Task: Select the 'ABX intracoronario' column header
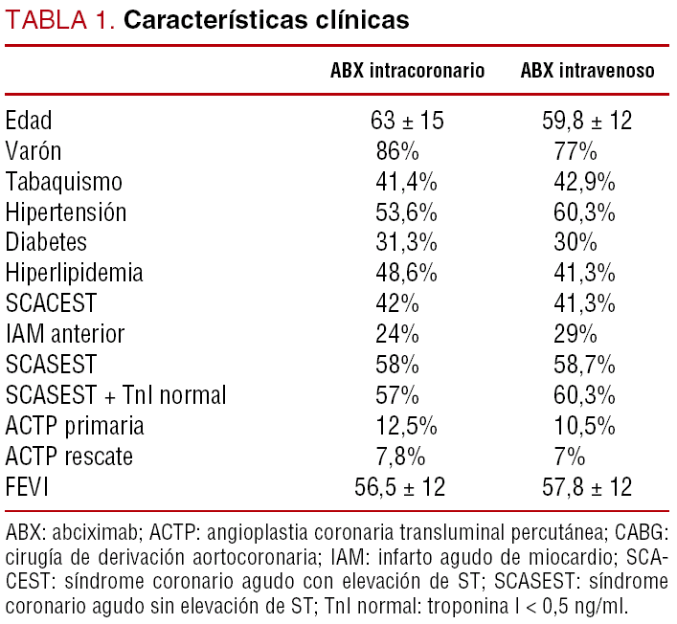coord(407,71)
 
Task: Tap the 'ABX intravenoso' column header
coord(588,71)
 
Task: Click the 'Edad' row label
coord(29,121)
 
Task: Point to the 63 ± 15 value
coord(407,121)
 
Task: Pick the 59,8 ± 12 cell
coord(588,121)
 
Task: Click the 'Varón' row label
coord(33,151)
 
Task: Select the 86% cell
coord(395,151)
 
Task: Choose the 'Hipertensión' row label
coord(66,212)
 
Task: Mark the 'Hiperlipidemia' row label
coord(75,273)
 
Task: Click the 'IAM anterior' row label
coord(65,334)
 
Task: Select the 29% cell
coord(575,334)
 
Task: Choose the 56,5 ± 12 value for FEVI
coord(400,486)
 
